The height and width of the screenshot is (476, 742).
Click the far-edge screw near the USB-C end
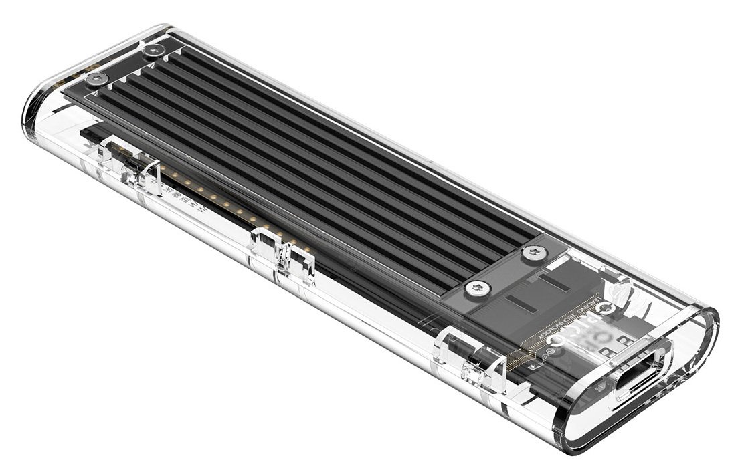coord(534,253)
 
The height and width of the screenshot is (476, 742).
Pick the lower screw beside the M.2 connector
coord(479,288)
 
